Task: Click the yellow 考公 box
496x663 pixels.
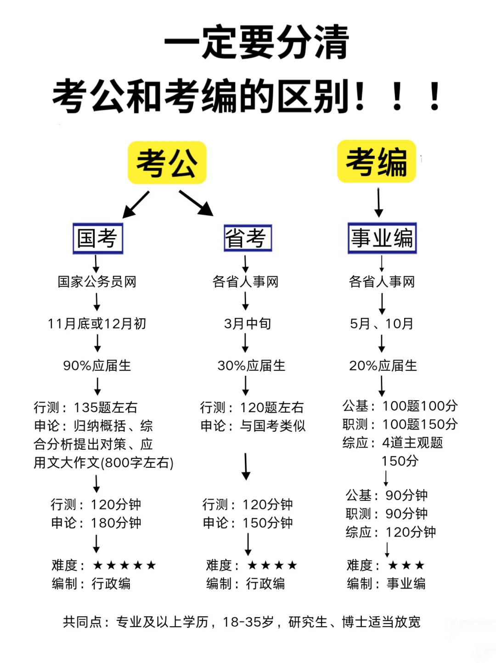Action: [x=167, y=163]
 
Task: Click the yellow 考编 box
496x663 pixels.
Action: [x=377, y=162]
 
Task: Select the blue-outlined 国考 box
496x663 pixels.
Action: [x=98, y=238]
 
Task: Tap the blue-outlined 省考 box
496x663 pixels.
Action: [x=248, y=238]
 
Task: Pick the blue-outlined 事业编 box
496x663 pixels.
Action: [x=382, y=238]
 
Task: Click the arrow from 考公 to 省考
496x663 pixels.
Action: [x=196, y=203]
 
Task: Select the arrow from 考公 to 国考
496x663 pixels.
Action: [x=136, y=204]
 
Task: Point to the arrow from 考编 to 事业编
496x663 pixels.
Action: [x=378, y=202]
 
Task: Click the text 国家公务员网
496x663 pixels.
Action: [x=97, y=282]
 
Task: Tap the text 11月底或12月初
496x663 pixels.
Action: [x=97, y=323]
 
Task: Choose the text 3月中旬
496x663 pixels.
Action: [x=248, y=323]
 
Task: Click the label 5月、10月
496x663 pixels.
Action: [x=382, y=323]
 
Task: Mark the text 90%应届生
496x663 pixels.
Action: [x=97, y=366]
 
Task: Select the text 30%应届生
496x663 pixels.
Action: [x=251, y=366]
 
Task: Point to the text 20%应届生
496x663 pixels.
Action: [x=383, y=366]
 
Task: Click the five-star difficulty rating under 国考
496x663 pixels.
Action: [x=124, y=565]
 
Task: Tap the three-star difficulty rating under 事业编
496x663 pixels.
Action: [x=406, y=565]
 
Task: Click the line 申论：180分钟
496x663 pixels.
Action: [x=96, y=523]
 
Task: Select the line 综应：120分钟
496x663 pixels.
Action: [x=391, y=532]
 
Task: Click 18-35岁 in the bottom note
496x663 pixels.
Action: [x=248, y=622]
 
